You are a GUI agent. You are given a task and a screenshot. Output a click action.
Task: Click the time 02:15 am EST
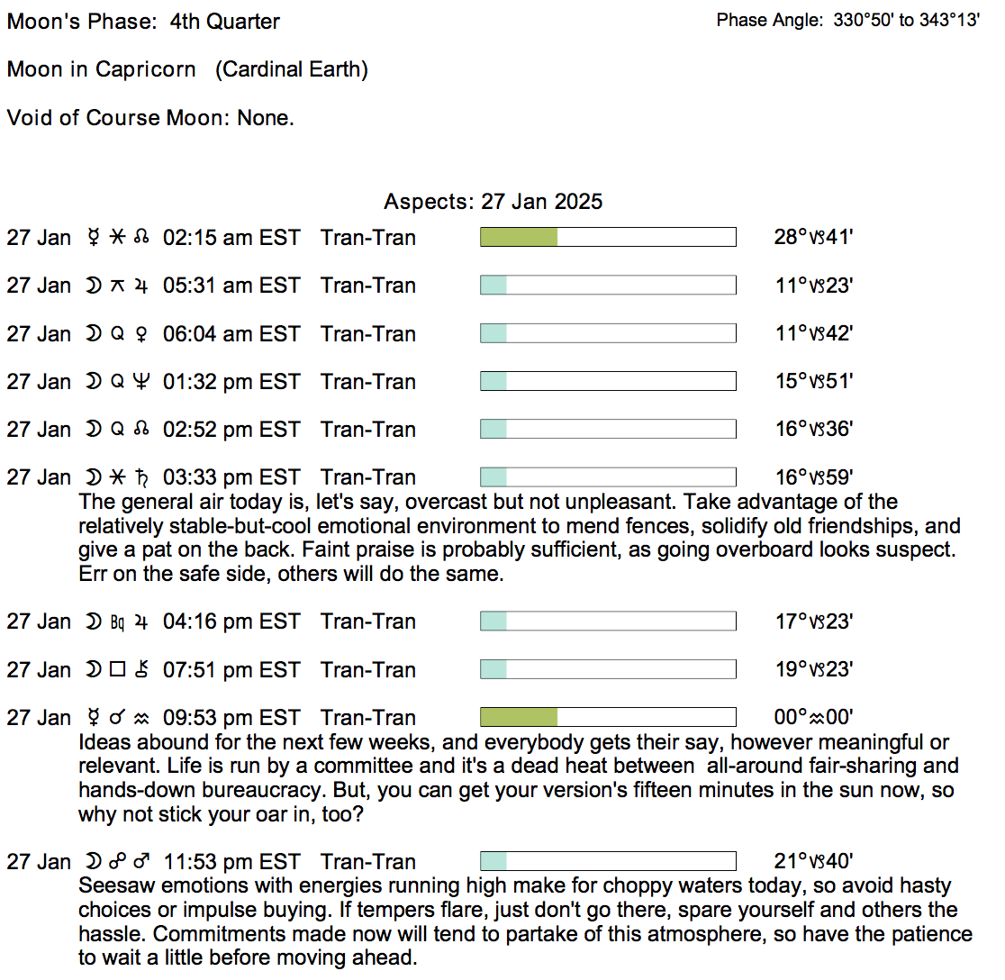[x=231, y=238]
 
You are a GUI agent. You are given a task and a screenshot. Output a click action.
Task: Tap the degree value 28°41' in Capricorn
[x=813, y=238]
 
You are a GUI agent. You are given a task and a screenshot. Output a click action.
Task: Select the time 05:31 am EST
[x=231, y=286]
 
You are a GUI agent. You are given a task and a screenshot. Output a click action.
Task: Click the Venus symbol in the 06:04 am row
[x=141, y=334]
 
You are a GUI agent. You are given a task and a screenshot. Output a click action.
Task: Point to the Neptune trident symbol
[x=141, y=382]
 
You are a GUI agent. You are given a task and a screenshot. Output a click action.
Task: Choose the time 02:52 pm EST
[x=231, y=430]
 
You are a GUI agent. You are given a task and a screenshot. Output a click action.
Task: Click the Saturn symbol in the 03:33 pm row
[x=141, y=477]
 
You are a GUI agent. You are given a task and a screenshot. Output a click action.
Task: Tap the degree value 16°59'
[x=813, y=477]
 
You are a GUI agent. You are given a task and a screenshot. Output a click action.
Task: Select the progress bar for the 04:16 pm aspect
[x=608, y=622]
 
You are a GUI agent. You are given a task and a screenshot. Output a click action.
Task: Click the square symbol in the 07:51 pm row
[x=117, y=670]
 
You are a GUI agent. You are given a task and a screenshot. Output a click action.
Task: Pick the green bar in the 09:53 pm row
[x=519, y=718]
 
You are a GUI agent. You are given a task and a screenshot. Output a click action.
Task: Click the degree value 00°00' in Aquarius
[x=813, y=718]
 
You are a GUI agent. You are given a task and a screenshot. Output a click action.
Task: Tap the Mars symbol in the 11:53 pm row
[x=141, y=862]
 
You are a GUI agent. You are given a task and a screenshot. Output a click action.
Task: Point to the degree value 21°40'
[x=813, y=862]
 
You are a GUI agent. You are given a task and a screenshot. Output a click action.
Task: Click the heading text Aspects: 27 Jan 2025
[x=493, y=201]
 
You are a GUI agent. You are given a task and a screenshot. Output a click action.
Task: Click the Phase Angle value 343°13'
[x=949, y=21]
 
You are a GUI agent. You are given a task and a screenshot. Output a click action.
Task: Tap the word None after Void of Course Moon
[x=265, y=118]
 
